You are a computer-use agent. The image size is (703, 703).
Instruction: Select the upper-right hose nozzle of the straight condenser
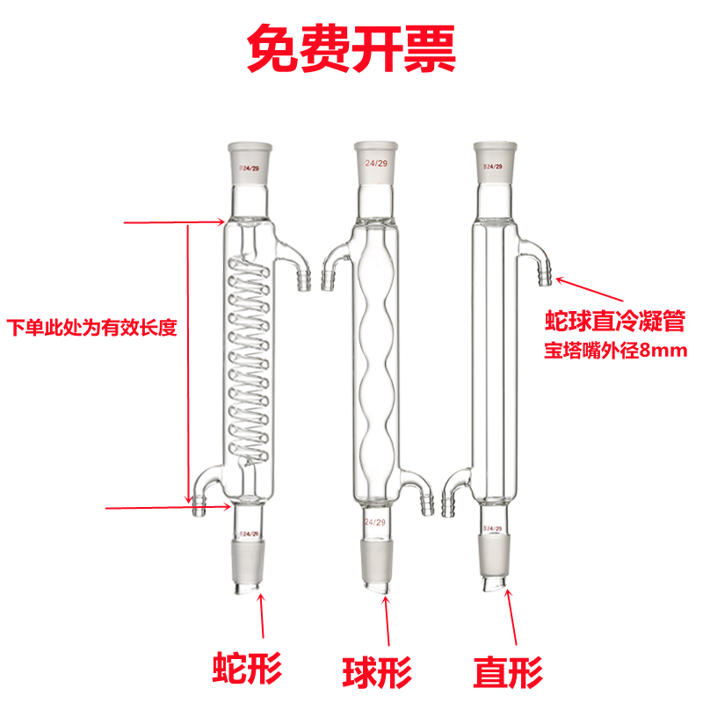[x=542, y=265]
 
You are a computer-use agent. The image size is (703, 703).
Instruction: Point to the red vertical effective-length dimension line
[x=188, y=360]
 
